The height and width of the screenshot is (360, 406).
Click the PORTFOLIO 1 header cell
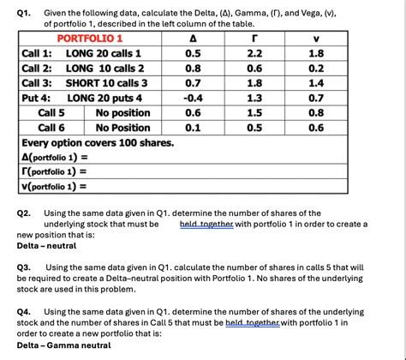tap(90, 39)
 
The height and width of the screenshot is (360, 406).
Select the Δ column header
tap(193, 39)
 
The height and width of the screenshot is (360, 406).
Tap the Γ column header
tap(254, 39)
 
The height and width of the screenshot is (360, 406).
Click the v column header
tap(316, 39)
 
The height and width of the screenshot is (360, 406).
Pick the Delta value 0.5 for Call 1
tap(194, 53)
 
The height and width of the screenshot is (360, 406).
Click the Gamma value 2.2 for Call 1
tap(254, 53)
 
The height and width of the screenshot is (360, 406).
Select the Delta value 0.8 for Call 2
tap(194, 68)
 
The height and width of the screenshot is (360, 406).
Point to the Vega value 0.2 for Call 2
tap(316, 68)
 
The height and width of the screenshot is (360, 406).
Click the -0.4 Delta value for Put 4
tap(194, 98)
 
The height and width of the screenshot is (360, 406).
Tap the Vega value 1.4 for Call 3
tap(316, 83)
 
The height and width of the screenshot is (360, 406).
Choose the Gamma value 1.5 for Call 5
tap(254, 112)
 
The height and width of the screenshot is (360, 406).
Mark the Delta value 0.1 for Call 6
tap(194, 128)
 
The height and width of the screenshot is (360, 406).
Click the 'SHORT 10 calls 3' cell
tap(106, 83)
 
